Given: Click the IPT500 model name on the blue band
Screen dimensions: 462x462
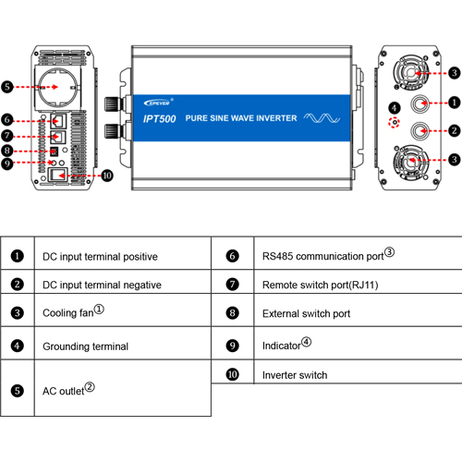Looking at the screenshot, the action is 159,119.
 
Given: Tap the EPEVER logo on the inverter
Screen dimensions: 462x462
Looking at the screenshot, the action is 157,103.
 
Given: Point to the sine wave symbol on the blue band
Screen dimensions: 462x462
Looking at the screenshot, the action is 322,118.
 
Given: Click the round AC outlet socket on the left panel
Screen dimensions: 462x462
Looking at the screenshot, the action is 58,87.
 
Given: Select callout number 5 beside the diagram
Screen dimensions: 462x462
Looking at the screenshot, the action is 7,87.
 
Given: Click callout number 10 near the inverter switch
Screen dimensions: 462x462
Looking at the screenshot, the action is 107,176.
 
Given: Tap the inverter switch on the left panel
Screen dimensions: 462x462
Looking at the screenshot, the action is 58,175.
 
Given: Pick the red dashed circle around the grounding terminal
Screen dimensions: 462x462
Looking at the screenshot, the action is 394,122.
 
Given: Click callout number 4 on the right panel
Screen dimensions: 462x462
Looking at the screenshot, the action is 395,108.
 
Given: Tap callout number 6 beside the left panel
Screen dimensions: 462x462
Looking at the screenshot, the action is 7,119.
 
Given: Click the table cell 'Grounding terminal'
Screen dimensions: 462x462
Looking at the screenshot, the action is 85,346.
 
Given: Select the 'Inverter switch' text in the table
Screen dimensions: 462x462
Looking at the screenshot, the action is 295,375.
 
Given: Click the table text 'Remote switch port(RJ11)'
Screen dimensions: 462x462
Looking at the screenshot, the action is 321,285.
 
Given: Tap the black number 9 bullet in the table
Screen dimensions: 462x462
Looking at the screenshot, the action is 232,346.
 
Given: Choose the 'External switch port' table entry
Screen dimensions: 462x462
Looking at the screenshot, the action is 306,313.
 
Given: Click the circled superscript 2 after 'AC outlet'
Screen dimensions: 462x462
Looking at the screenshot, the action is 90,387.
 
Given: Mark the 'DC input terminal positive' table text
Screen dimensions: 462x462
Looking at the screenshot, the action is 100,257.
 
